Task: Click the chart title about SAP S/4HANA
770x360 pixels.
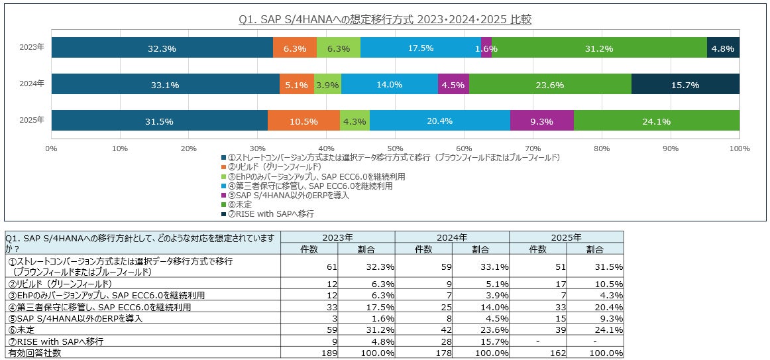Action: [384, 20]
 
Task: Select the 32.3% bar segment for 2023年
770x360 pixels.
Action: [162, 48]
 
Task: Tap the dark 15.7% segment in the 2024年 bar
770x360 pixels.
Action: [685, 84]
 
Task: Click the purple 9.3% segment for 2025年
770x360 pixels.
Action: [541, 121]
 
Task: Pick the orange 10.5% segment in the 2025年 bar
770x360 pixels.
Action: [303, 121]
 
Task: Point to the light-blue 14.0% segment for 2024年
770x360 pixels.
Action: [389, 84]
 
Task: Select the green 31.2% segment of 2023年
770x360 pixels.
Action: [598, 48]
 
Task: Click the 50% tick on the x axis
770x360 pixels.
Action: [395, 148]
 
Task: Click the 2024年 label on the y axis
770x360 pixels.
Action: [32, 84]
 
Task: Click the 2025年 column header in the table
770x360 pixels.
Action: [566, 237]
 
